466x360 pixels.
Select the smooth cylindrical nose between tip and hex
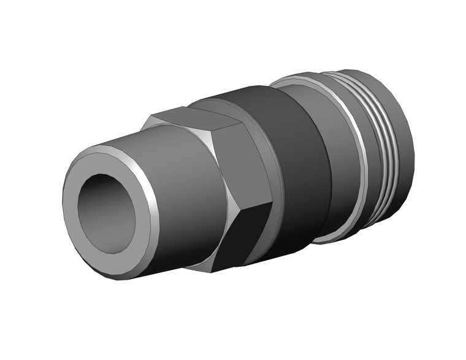coord(184,196)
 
